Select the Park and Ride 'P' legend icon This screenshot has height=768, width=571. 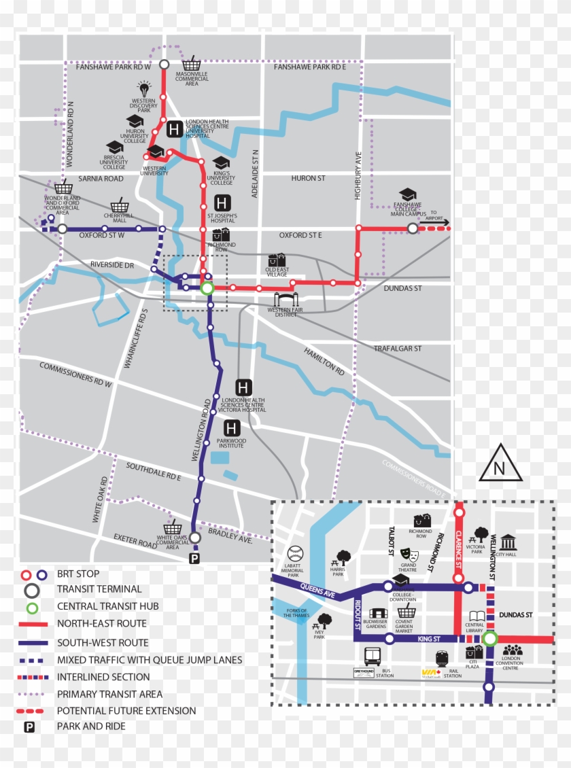tap(30, 727)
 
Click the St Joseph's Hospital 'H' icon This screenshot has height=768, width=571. tap(222, 203)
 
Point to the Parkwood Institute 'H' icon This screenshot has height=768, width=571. tap(232, 428)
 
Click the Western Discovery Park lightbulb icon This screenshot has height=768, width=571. tap(144, 88)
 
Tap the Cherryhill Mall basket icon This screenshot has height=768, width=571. tap(120, 205)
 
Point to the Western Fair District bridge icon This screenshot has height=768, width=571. tap(286, 300)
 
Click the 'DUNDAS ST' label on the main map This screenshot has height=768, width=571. tap(403, 289)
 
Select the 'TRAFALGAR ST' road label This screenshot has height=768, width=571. tap(398, 349)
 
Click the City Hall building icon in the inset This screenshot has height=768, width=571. tap(508, 542)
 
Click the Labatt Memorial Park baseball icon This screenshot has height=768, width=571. tap(295, 553)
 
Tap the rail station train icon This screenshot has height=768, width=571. tap(442, 659)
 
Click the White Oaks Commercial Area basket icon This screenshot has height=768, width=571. tap(173, 528)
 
